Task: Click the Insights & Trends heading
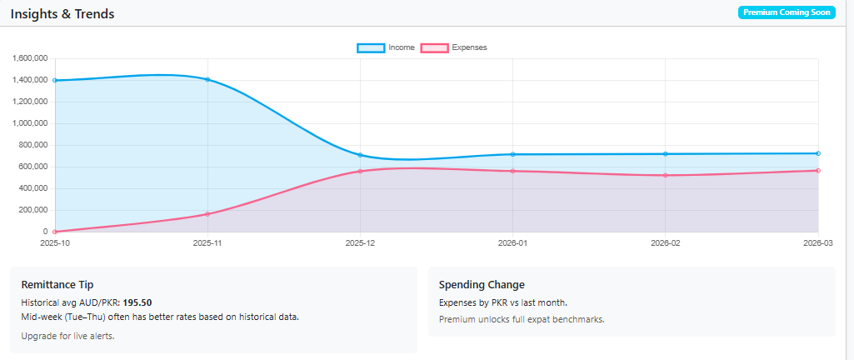pyautogui.click(x=62, y=14)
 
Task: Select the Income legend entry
pyautogui.click(x=386, y=47)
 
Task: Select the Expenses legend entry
pyautogui.click(x=454, y=47)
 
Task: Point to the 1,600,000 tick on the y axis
pyautogui.click(x=29, y=58)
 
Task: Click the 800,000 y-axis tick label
pyautogui.click(x=32, y=145)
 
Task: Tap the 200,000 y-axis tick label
pyautogui.click(x=32, y=210)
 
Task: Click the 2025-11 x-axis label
pyautogui.click(x=207, y=242)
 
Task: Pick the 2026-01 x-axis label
pyautogui.click(x=512, y=242)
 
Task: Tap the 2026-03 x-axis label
pyautogui.click(x=817, y=242)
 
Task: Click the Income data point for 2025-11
pyautogui.click(x=207, y=80)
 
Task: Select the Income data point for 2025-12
pyautogui.click(x=360, y=155)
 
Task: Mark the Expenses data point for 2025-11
pyautogui.click(x=207, y=214)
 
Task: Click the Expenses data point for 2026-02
pyautogui.click(x=665, y=175)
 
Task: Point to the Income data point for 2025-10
pyautogui.click(x=55, y=81)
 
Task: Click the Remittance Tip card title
pyautogui.click(x=62, y=285)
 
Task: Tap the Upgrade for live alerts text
pyautogui.click(x=67, y=335)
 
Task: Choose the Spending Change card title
pyautogui.click(x=482, y=285)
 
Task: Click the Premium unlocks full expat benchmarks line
pyautogui.click(x=521, y=319)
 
